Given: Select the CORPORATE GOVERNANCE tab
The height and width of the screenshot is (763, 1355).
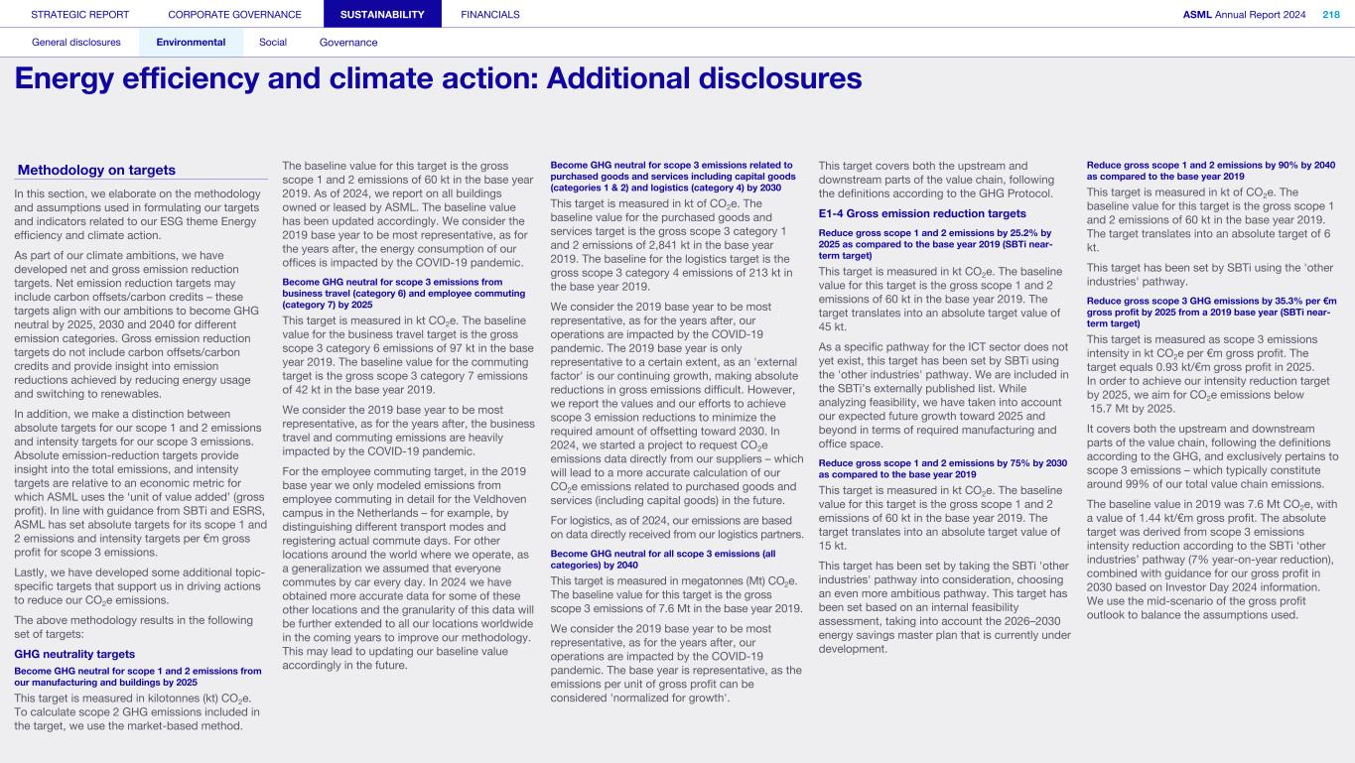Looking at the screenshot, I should pos(234,14).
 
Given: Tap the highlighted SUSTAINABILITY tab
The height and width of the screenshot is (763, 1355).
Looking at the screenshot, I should pos(382,14).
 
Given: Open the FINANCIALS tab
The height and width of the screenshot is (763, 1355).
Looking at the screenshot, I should pos(490,14).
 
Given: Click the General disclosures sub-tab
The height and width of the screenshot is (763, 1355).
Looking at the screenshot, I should pos(76,43).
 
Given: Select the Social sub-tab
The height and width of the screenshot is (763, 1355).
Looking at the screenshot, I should pos(273,43).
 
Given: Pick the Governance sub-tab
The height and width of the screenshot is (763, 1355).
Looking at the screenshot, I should pos(348,43).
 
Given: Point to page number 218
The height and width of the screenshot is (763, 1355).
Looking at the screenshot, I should pos(1330,14).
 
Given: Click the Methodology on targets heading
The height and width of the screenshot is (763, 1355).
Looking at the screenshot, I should pos(96,170).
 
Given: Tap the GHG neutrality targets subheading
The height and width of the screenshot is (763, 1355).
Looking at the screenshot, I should pos(74,654).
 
